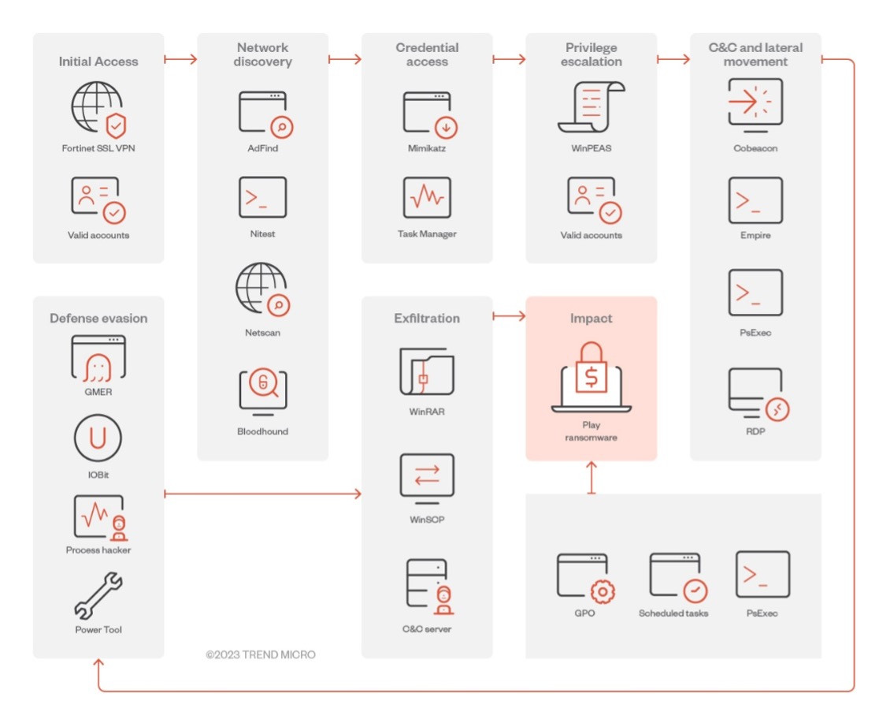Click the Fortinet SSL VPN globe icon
[x=98, y=109]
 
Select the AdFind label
[x=263, y=148]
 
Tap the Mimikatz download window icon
[x=430, y=114]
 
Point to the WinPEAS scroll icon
[x=591, y=107]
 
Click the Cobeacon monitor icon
[x=755, y=105]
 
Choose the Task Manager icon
[x=427, y=197]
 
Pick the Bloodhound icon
[x=263, y=392]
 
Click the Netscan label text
[x=263, y=333]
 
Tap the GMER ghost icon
[x=98, y=359]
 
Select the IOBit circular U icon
[x=98, y=438]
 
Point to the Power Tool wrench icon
[x=98, y=595]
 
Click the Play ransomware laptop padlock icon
[x=591, y=377]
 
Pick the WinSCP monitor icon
[x=427, y=479]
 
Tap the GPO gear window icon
[x=585, y=578]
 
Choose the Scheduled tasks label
[x=673, y=613]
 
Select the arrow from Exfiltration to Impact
[x=509, y=316]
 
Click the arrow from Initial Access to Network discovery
[x=180, y=59]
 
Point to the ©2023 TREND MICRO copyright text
[x=261, y=654]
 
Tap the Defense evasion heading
[x=98, y=319]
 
